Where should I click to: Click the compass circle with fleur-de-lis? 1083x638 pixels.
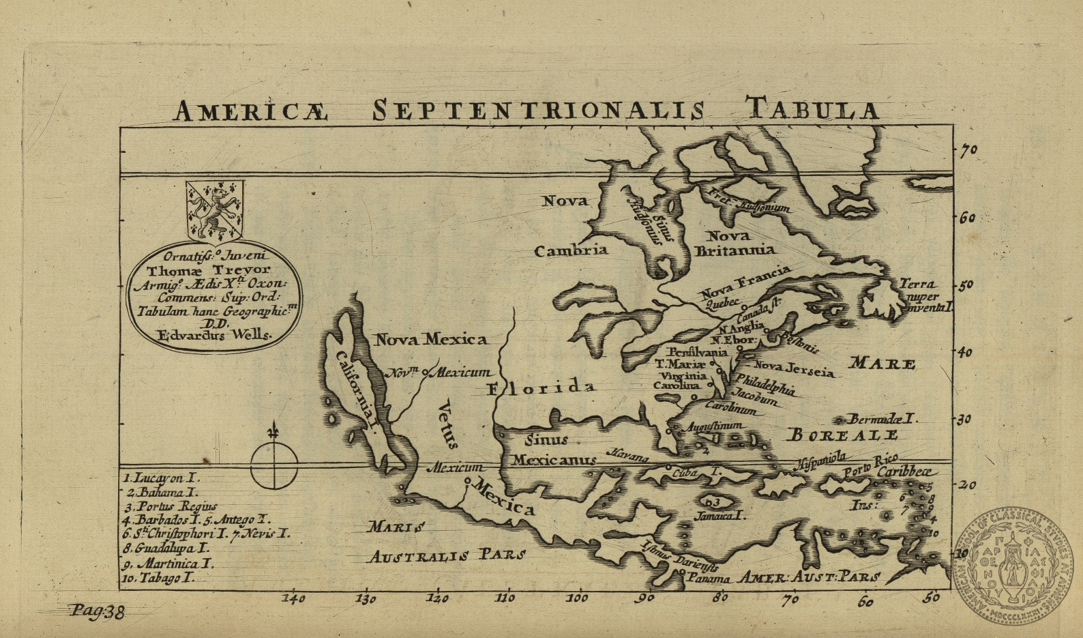[x=274, y=465]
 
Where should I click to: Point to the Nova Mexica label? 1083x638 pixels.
[x=431, y=339]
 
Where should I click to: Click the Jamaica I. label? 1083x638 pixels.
[x=719, y=516]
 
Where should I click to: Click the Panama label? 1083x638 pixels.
[x=709, y=579]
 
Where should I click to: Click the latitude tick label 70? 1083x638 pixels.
[x=968, y=150]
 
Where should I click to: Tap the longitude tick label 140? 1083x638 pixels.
[x=294, y=599]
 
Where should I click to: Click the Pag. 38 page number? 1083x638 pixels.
[x=97, y=612]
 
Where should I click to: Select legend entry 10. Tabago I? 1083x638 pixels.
[x=159, y=578]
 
